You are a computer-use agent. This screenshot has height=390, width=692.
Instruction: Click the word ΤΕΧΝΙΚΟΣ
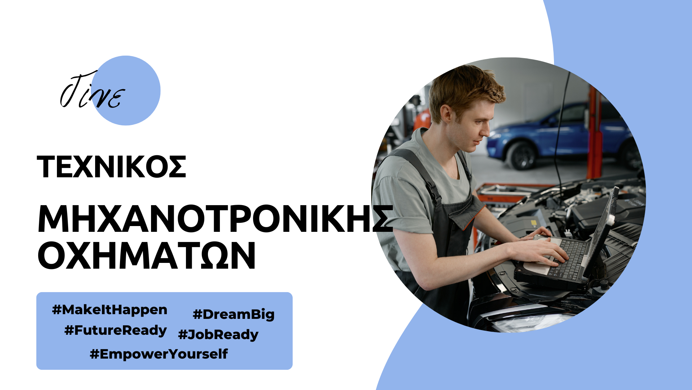coord(111,167)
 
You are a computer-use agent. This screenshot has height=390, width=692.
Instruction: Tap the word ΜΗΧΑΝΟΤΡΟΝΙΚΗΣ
coord(215,219)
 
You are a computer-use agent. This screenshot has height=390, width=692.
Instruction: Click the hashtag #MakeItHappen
coord(110,310)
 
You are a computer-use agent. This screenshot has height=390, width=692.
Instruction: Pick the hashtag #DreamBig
coord(234,315)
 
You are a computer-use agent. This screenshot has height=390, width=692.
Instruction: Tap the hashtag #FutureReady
coord(115,330)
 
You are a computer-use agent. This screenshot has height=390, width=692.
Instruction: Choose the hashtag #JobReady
coord(218,335)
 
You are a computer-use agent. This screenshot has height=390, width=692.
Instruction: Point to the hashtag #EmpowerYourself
coord(159,354)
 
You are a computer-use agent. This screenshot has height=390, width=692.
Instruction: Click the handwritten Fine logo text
coord(92,90)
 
